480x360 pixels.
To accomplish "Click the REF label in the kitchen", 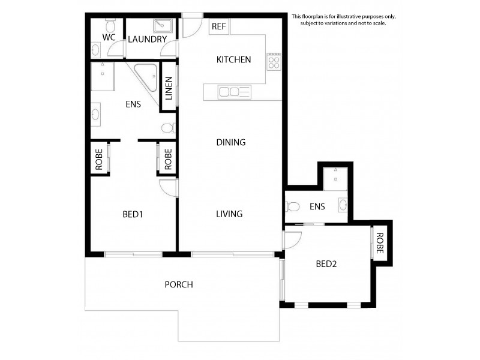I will (218, 27).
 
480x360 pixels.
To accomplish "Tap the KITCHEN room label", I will (233, 59).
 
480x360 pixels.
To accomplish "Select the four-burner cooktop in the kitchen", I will (274, 61).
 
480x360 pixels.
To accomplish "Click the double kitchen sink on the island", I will (234, 92).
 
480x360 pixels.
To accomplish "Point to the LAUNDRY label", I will (147, 40).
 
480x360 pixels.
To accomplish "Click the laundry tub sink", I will (162, 26).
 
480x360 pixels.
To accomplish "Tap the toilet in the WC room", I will (110, 26).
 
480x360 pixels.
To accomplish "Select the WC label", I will (109, 37).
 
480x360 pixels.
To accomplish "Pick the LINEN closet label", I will (169, 88).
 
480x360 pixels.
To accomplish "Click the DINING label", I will (231, 142).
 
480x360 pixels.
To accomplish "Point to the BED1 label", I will (132, 214).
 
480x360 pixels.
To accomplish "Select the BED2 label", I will (327, 263).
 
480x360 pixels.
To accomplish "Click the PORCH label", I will (179, 284).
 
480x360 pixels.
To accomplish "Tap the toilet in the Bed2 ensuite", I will (293, 207).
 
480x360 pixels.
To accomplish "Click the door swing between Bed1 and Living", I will (168, 187).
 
